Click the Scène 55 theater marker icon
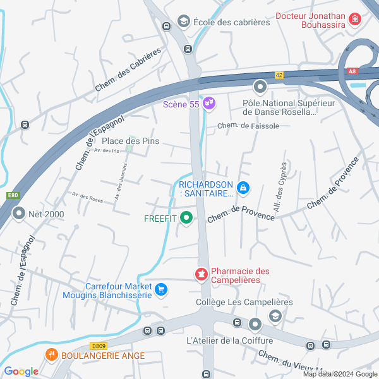tap(209, 104)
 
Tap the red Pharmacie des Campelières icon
tap(201, 275)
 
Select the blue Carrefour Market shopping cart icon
tap(161, 289)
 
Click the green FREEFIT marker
tap(186, 219)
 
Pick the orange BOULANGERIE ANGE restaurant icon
tap(52, 356)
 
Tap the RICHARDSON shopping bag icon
tap(243, 188)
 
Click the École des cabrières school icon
tap(184, 22)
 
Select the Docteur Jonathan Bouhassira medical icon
tap(355, 20)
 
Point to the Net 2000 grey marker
tap(18, 214)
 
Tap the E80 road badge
tap(13, 196)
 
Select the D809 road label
tap(99, 346)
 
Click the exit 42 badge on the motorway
tap(279, 75)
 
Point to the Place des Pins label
tap(130, 141)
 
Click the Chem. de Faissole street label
tap(248, 126)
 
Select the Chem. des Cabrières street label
tap(128, 69)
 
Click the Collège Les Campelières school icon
tap(275, 315)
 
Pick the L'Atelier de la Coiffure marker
tap(255, 325)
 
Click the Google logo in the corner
tap(21, 371)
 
